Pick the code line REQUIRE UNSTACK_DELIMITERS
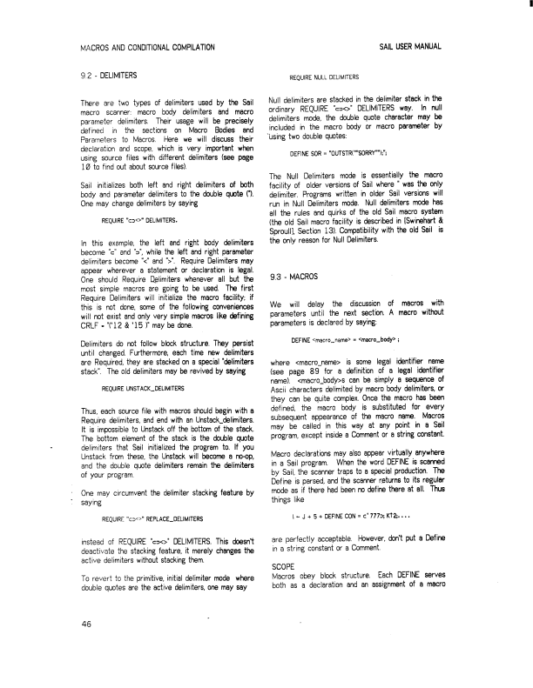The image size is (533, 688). (x=142, y=387)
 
